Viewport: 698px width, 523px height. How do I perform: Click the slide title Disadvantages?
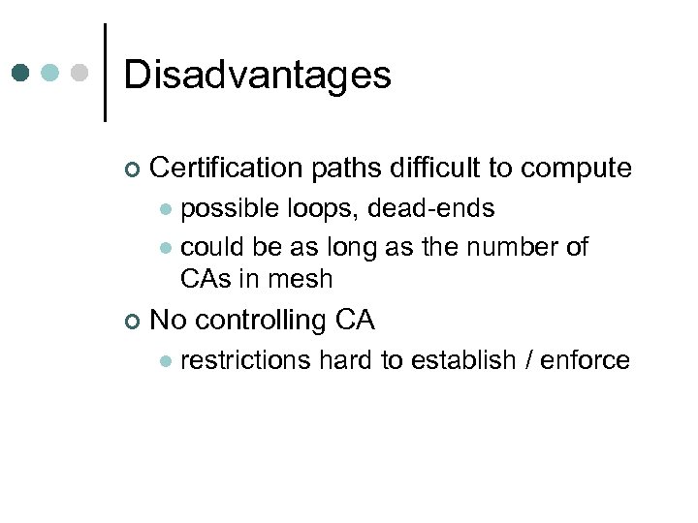tap(257, 75)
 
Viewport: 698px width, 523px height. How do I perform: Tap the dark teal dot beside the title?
tap(20, 73)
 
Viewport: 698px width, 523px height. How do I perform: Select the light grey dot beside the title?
tap(81, 73)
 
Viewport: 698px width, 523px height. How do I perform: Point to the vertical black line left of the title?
tap(105, 72)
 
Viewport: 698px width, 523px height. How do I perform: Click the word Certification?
tap(227, 169)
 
